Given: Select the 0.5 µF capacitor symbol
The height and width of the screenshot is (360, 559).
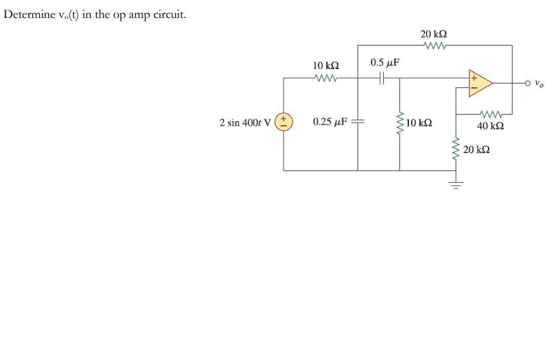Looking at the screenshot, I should click(x=380, y=78).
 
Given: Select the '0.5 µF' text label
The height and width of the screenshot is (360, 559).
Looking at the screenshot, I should click(x=385, y=63).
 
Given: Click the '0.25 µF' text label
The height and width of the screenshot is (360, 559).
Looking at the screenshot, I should click(x=330, y=122).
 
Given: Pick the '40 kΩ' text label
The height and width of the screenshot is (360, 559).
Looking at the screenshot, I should click(x=490, y=125).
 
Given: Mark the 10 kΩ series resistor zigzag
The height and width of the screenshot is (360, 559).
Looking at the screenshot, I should click(x=326, y=78).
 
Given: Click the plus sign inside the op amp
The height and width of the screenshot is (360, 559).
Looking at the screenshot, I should click(x=474, y=78).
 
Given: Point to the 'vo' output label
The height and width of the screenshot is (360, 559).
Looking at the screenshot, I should click(x=538, y=83).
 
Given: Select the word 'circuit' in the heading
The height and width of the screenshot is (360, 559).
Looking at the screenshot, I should click(x=172, y=14).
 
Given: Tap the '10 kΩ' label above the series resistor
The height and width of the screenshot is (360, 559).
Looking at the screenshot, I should click(x=326, y=66).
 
